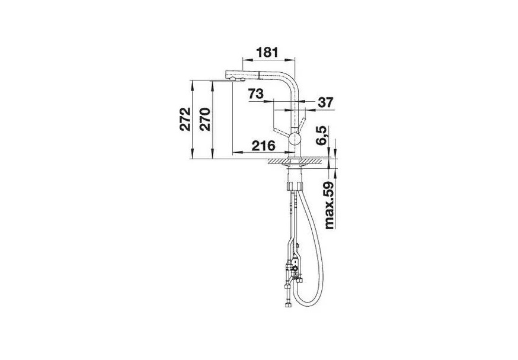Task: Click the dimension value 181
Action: pyautogui.click(x=267, y=52)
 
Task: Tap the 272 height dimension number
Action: pyautogui.click(x=185, y=119)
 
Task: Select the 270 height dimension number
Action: pyautogui.click(x=205, y=119)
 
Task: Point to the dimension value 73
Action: pyautogui.click(x=256, y=94)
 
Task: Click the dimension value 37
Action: pyautogui.click(x=326, y=102)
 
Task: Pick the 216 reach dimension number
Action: pyautogui.click(x=263, y=146)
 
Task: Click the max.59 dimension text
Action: pyautogui.click(x=330, y=205)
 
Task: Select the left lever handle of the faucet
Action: pyautogui.click(x=282, y=132)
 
